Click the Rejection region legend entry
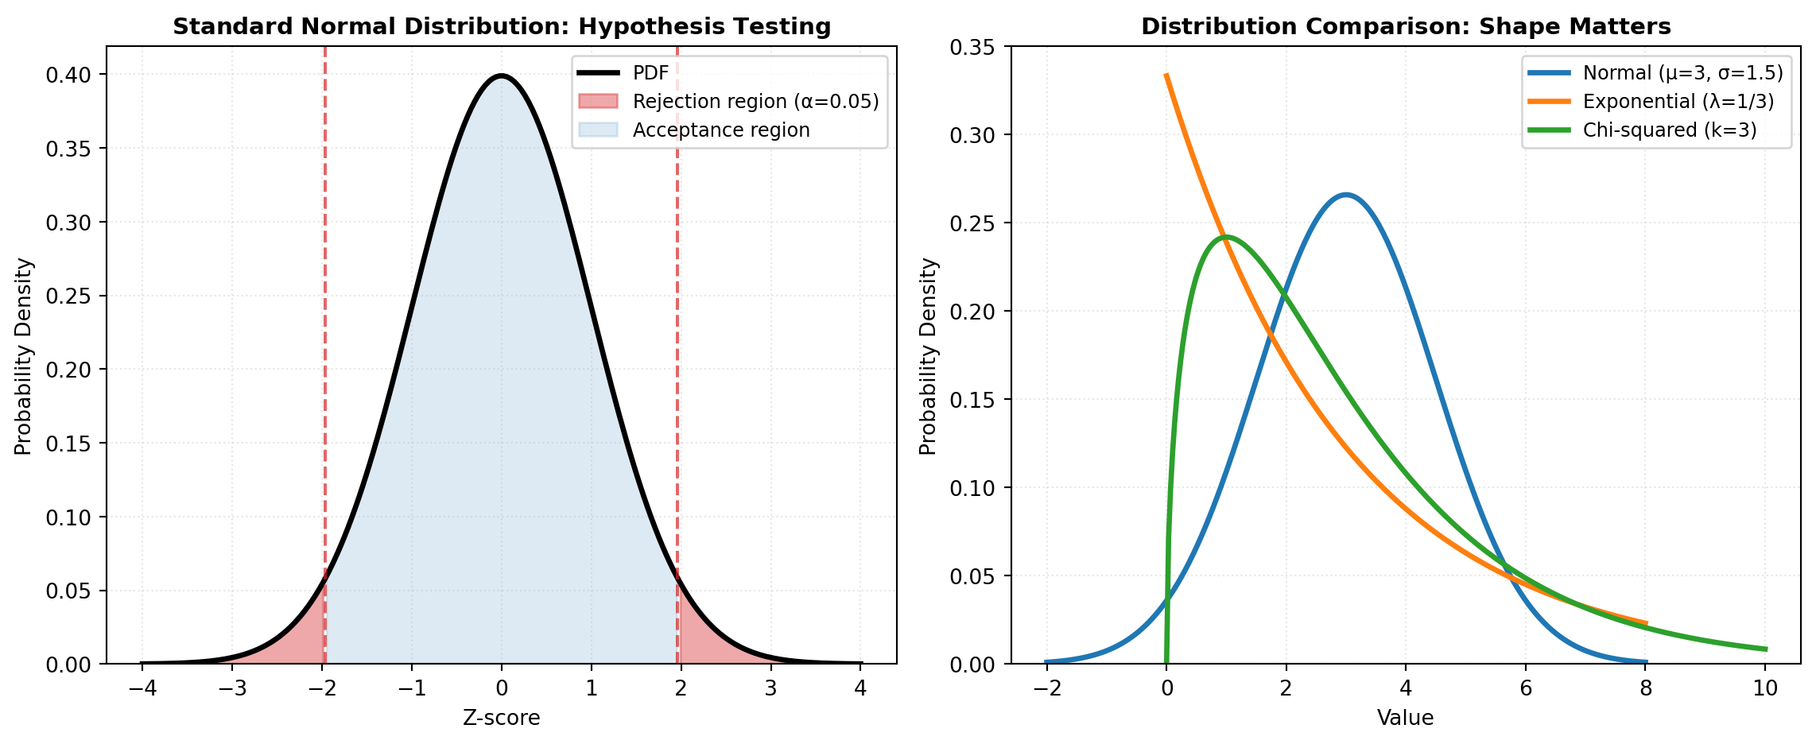point(755,102)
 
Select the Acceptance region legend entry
point(720,130)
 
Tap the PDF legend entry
point(650,74)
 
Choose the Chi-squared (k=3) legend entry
point(1669,130)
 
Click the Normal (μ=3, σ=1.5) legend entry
point(1682,73)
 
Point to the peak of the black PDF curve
point(501,76)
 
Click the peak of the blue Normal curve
point(1345,195)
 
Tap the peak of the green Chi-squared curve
point(1226,237)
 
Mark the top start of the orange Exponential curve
point(1166,76)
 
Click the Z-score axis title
point(501,719)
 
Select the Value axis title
point(1405,719)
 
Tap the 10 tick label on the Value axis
point(1765,688)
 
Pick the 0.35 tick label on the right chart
point(972,47)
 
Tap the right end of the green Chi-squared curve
point(1765,649)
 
